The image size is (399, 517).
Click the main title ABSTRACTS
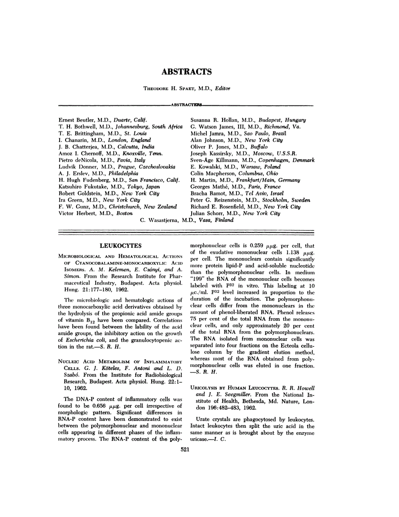187,72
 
